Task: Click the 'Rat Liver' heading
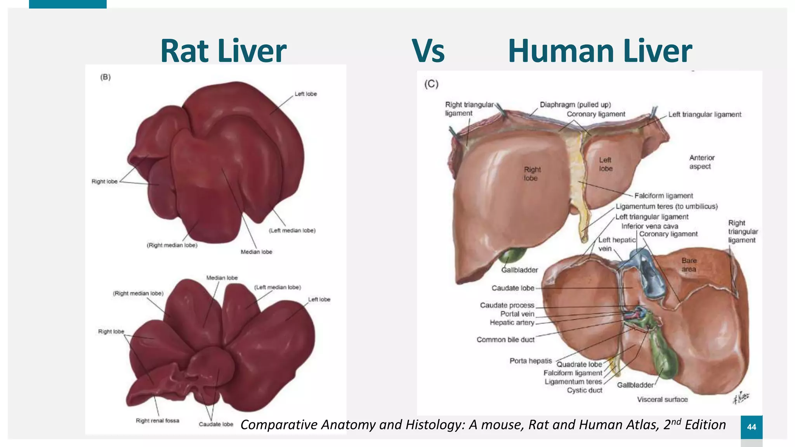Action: click(x=223, y=51)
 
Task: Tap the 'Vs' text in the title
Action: click(x=428, y=51)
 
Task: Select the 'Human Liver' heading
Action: click(x=600, y=51)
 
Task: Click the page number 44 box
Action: click(x=752, y=427)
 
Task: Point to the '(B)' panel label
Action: click(x=105, y=77)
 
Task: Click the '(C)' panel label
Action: click(x=431, y=84)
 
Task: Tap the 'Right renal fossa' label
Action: click(x=157, y=421)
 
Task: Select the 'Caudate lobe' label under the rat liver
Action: click(x=216, y=424)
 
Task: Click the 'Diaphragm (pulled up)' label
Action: click(x=575, y=105)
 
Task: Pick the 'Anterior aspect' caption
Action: click(x=701, y=162)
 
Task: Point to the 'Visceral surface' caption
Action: click(x=662, y=399)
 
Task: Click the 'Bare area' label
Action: click(x=689, y=265)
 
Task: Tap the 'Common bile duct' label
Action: click(x=505, y=340)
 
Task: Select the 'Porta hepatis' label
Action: click(x=531, y=361)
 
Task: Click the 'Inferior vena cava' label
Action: click(x=649, y=226)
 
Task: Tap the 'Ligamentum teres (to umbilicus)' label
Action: click(x=667, y=206)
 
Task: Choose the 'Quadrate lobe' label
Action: click(x=579, y=364)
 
